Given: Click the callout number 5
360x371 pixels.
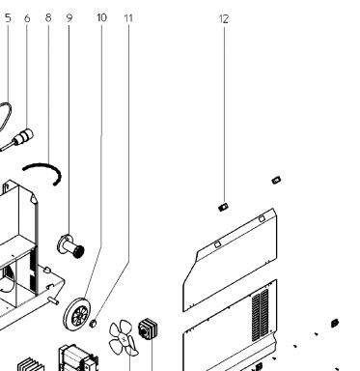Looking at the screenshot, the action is pos(8,17).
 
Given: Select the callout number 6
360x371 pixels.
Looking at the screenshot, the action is pos(27,18).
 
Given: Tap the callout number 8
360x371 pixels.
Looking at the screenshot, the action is pos(48,17).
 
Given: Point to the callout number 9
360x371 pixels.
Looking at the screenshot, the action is pos(69,18).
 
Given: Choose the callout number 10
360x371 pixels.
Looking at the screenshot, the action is pos(101,17).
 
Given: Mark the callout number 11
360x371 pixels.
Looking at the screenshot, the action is pos(128,18).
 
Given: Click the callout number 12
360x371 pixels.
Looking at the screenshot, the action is pos(224,19).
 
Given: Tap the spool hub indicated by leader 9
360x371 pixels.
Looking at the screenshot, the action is pos(70,246).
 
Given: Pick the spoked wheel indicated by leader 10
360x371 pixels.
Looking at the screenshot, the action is pos(77,314).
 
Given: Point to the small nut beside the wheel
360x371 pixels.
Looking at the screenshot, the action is pos(93,323).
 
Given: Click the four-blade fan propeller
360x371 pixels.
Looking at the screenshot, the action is pos(123,338).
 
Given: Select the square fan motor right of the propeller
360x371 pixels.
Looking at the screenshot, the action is pos(148,328).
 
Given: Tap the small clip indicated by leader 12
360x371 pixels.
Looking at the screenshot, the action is pos(223,207).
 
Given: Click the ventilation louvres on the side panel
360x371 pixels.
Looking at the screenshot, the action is pos(260,315).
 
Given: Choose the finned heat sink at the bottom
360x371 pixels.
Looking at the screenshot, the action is pos(31,364).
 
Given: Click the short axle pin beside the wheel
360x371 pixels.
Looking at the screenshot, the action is pos(53,300).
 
